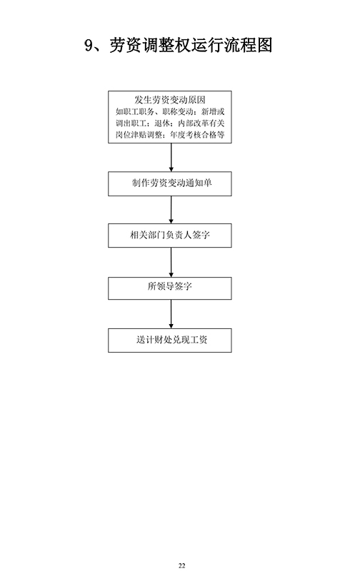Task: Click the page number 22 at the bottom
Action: pyautogui.click(x=182, y=565)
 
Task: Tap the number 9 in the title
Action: pyautogui.click(x=89, y=46)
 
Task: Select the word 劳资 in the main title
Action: pyautogui.click(x=125, y=45)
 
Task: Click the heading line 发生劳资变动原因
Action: pyautogui.click(x=170, y=100)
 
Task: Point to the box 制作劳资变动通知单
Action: pyautogui.click(x=170, y=183)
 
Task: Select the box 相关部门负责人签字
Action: pyautogui.click(x=170, y=236)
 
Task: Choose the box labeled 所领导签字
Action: pyautogui.click(x=170, y=288)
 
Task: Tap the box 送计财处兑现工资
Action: pyautogui.click(x=170, y=340)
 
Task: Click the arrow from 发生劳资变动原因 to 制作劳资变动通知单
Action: pyautogui.click(x=171, y=157)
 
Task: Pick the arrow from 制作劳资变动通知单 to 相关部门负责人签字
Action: pyautogui.click(x=171, y=210)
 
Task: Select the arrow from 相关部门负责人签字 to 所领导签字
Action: pyautogui.click(x=171, y=262)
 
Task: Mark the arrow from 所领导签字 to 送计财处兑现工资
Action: pyautogui.click(x=171, y=314)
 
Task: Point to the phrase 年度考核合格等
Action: pyautogui.click(x=197, y=135)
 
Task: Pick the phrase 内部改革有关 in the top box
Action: pyautogui.click(x=201, y=123)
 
